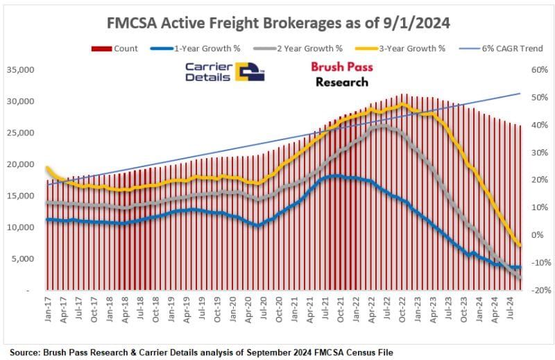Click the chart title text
[277, 23]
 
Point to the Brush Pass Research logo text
[341, 74]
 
